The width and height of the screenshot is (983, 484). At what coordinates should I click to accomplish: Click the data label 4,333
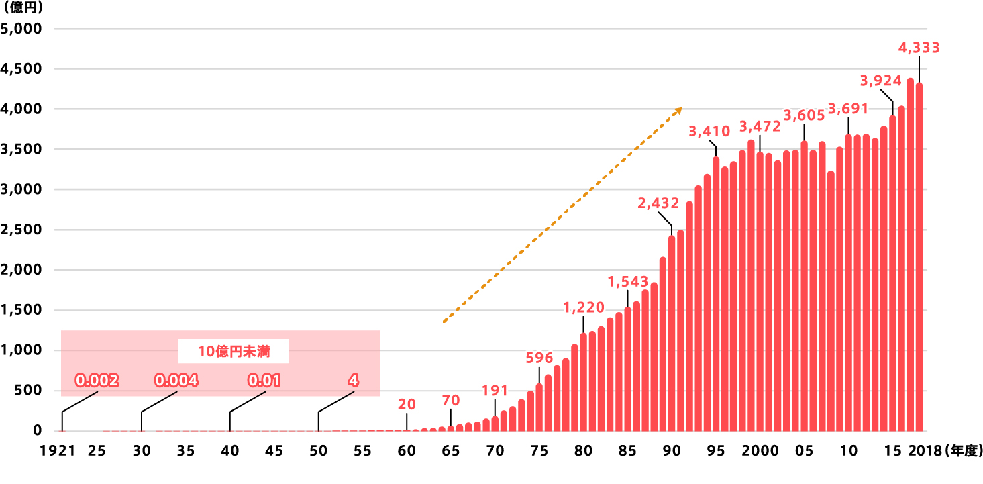click(919, 48)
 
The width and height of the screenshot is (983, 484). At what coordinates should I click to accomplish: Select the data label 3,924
click(881, 81)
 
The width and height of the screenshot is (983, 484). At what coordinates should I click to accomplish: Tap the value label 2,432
click(658, 203)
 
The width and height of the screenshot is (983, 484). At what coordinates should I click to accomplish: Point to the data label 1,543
click(628, 281)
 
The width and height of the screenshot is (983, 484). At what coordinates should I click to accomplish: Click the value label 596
click(539, 358)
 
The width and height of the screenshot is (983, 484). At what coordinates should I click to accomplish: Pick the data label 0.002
click(97, 381)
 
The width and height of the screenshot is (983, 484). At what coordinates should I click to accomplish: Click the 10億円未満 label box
click(234, 351)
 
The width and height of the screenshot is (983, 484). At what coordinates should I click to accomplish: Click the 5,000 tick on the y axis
click(21, 29)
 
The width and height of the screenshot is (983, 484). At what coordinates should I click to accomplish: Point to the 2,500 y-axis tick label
click(21, 230)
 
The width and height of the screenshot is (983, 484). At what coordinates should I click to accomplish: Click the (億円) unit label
click(23, 9)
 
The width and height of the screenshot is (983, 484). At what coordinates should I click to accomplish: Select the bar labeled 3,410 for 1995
click(716, 295)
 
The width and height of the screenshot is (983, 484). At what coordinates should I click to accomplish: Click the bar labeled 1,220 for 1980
click(584, 383)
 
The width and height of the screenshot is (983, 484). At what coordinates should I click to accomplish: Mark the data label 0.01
click(264, 381)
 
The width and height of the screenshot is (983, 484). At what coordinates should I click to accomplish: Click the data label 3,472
click(760, 126)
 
